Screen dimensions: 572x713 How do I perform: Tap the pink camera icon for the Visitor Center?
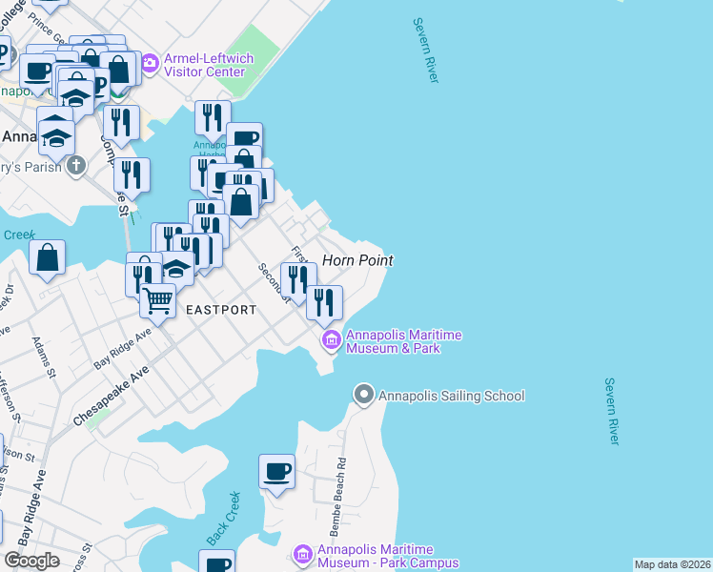click(x=150, y=64)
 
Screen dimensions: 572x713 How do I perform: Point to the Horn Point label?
click(x=357, y=260)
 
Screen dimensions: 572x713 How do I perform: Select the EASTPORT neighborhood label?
click(x=221, y=310)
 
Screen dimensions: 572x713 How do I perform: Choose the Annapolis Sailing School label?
click(x=451, y=396)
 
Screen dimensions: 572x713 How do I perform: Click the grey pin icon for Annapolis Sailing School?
click(x=363, y=394)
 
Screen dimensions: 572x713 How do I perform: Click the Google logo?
click(x=32, y=561)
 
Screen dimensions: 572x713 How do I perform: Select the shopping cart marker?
click(x=157, y=301)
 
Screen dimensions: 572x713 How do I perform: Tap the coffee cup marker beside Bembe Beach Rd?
click(x=277, y=471)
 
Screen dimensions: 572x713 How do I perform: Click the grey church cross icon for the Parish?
click(x=76, y=166)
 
